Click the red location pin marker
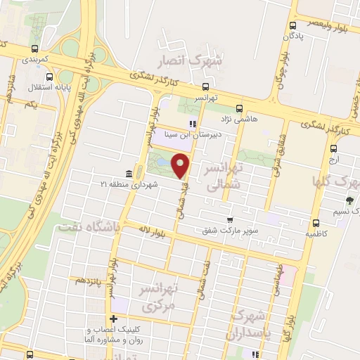pyautogui.click(x=181, y=165)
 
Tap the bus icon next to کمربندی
pyautogui.click(x=34, y=49)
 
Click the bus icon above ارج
pyautogui.click(x=333, y=148)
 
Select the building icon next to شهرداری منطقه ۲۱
pyautogui.click(x=128, y=173)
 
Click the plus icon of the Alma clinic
pyautogui.click(x=112, y=321)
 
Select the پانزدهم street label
pyautogui.click(x=89, y=281)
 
